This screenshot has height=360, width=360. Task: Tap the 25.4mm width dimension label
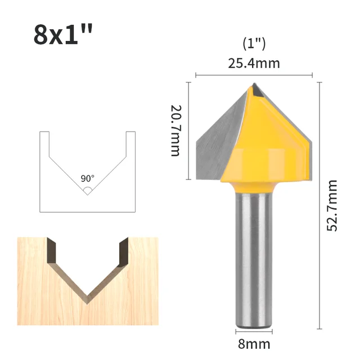pos(254,63)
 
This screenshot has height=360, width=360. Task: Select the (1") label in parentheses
pos(254,43)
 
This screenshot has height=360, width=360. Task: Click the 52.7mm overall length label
pos(332,205)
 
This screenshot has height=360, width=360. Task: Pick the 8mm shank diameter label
pos(254,344)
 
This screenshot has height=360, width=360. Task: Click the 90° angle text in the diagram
pos(88,178)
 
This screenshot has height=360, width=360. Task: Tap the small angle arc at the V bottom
pos(88,190)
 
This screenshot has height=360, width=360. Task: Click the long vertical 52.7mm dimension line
pos(319,205)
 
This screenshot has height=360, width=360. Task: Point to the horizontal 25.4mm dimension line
pos(254,75)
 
